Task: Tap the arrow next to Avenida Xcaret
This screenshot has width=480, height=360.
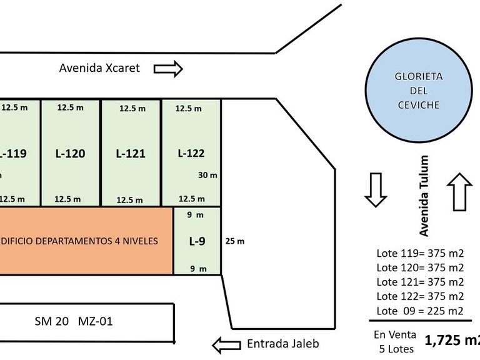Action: click(x=167, y=68)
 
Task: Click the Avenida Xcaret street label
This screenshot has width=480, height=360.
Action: click(x=100, y=68)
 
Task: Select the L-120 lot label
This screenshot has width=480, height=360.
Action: click(x=70, y=153)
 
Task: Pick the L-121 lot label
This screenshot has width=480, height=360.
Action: click(x=131, y=153)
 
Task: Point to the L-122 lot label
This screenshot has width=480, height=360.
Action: click(x=191, y=152)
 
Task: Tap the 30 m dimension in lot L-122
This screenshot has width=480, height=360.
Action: click(x=207, y=176)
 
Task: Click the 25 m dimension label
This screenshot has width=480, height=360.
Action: click(x=235, y=241)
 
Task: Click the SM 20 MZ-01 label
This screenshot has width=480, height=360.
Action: click(x=74, y=322)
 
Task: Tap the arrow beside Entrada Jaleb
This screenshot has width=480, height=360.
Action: click(x=227, y=344)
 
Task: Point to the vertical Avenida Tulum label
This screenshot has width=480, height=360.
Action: click(x=424, y=196)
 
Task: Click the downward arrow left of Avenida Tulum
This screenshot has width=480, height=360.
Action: click(x=376, y=190)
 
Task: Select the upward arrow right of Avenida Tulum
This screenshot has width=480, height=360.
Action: click(x=460, y=191)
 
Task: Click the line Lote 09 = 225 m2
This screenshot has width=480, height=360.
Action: click(x=420, y=311)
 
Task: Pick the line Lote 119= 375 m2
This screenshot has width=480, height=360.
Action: click(x=420, y=253)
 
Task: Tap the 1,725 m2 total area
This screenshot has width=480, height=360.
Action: click(x=452, y=341)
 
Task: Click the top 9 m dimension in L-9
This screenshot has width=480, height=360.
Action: click(x=196, y=215)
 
